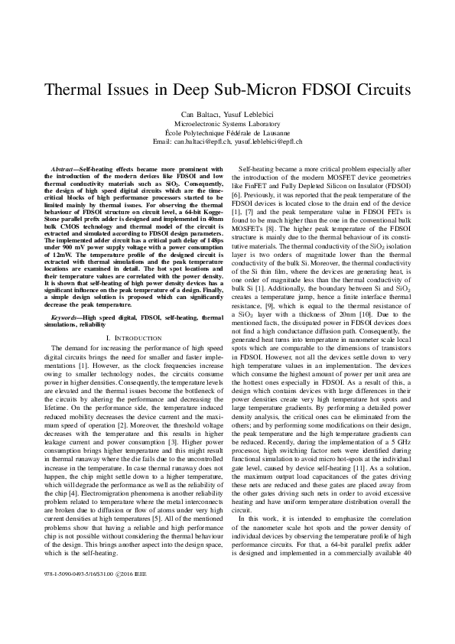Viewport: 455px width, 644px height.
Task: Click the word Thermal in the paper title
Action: coord(78,89)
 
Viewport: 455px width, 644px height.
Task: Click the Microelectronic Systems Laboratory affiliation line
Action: coord(227,123)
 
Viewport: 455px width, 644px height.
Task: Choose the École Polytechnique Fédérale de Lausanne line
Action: coord(227,132)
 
